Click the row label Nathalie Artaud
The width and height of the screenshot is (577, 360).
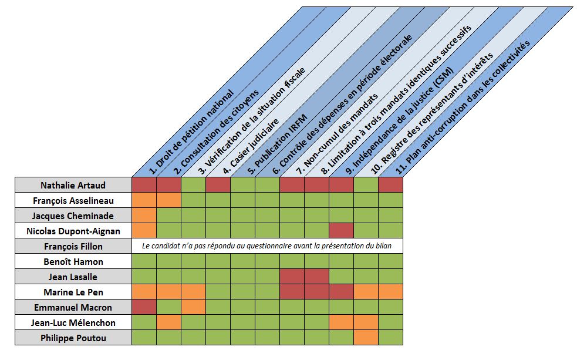pyautogui.click(x=73, y=185)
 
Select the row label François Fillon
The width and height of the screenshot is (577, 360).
pyautogui.click(x=73, y=246)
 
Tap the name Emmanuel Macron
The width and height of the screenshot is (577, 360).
pyautogui.click(x=73, y=307)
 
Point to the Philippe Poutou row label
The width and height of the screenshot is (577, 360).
pyautogui.click(x=73, y=338)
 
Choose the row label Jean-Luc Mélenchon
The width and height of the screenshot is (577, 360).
pyautogui.click(x=73, y=323)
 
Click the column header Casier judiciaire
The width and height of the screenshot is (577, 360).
pyautogui.click(x=251, y=146)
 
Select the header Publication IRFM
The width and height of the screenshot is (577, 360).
pyautogui.click(x=277, y=144)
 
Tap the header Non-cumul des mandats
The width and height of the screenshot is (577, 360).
pyautogui.click(x=337, y=134)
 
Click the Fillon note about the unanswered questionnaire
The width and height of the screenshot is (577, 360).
pyautogui.click(x=267, y=246)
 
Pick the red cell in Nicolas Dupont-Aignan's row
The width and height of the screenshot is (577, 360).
pyautogui.click(x=341, y=231)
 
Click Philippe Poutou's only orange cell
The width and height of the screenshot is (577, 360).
pyautogui.click(x=366, y=338)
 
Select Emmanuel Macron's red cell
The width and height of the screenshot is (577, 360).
pyautogui.click(x=144, y=307)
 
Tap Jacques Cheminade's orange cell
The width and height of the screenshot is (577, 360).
pyautogui.click(x=144, y=216)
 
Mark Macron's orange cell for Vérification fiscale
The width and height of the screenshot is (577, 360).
pyautogui.click(x=193, y=307)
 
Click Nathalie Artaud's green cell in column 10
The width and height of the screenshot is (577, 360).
pyautogui.click(x=366, y=185)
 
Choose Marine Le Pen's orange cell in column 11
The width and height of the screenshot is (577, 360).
pyautogui.click(x=390, y=292)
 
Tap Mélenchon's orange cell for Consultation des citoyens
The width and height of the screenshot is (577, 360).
pyautogui.click(x=168, y=322)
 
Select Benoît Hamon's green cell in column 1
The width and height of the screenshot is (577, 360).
pyautogui.click(x=144, y=261)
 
